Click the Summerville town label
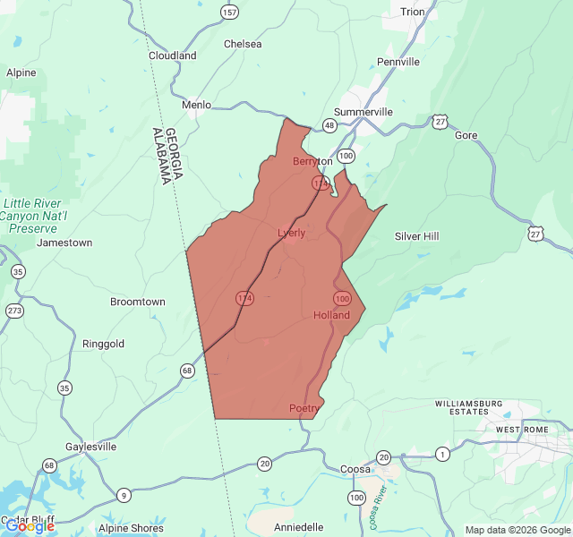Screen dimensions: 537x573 (365, 112)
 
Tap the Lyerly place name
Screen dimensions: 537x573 (291, 233)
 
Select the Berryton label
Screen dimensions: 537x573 (312, 162)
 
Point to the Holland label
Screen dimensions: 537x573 (331, 315)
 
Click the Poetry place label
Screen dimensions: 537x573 (304, 408)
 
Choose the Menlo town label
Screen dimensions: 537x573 (196, 105)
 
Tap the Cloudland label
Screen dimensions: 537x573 (173, 55)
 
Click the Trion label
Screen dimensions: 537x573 (413, 12)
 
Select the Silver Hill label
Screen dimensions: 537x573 (417, 236)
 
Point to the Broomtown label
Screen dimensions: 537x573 (137, 302)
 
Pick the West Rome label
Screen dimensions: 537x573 (521, 430)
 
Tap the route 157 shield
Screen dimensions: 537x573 (230, 12)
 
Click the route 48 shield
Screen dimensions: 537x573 (330, 124)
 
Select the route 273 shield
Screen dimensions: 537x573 (14, 311)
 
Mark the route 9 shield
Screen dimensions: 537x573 (124, 495)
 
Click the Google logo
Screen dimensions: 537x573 (30, 526)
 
